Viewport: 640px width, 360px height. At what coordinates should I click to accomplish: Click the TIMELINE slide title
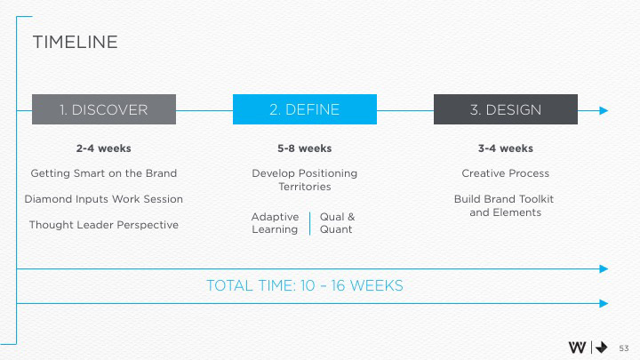[75, 42]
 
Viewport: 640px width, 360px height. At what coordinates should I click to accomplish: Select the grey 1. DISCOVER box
[104, 109]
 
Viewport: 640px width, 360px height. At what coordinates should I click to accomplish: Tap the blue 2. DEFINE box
[305, 109]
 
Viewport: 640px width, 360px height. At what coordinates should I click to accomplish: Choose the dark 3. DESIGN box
[505, 109]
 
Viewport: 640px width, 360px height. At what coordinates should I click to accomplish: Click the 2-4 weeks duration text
[104, 148]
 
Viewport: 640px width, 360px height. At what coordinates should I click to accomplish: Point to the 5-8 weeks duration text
[305, 148]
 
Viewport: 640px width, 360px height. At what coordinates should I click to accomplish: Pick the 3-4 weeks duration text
[505, 148]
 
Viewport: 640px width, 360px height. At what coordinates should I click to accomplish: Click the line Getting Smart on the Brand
[104, 172]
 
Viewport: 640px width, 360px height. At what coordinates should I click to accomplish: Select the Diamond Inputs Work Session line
[104, 198]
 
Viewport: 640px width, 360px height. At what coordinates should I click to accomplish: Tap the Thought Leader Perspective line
[104, 224]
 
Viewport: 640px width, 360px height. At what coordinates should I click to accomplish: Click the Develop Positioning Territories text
[305, 180]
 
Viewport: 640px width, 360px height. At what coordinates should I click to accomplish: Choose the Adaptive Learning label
[276, 223]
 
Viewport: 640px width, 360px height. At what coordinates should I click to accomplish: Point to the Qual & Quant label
[337, 223]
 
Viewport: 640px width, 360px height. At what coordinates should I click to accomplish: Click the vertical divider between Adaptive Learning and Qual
[310, 223]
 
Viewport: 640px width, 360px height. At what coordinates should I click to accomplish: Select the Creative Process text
[505, 172]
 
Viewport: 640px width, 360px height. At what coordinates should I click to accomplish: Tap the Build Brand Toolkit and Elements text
[505, 205]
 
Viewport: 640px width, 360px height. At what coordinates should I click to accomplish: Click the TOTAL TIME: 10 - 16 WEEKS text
[305, 285]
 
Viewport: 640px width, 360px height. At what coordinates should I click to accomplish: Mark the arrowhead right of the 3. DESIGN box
[604, 110]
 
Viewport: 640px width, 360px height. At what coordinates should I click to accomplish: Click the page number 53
[623, 348]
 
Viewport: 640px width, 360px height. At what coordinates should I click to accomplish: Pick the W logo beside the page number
[577, 347]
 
